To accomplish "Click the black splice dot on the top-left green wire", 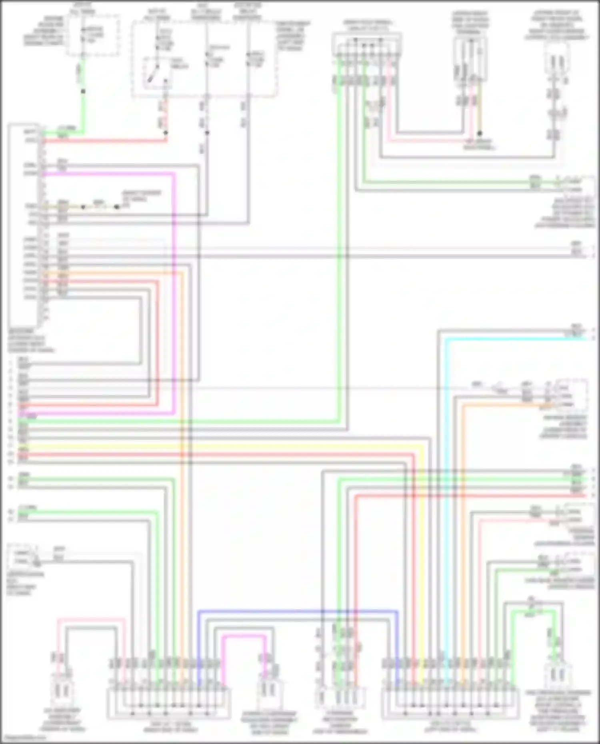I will tap(83, 92).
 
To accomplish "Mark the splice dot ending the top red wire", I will tap(166, 132).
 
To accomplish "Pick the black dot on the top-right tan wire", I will tap(480, 133).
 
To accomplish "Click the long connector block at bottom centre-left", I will tap(168, 704).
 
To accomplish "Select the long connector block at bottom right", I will tap(450, 704).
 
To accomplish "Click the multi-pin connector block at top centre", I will tap(367, 46).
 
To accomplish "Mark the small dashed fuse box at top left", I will tap(93, 36).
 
